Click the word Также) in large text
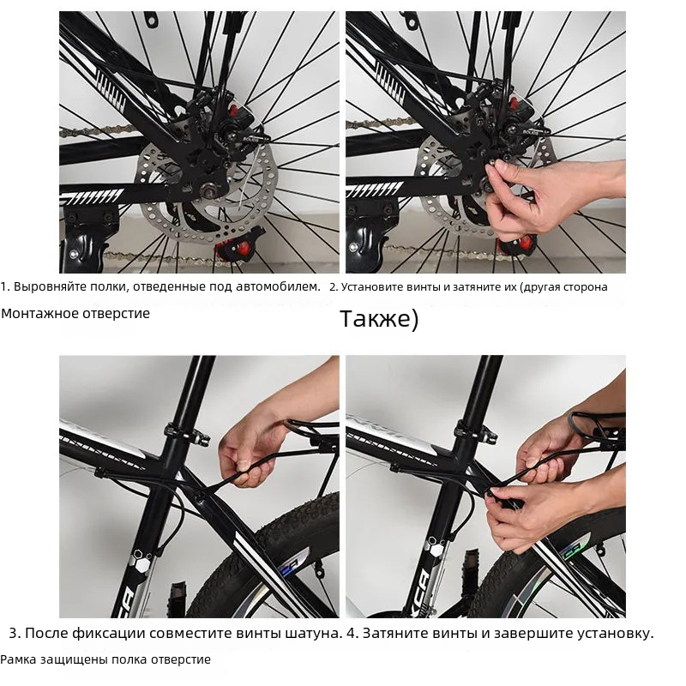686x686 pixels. pyautogui.click(x=379, y=319)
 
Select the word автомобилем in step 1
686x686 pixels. pyautogui.click(x=278, y=287)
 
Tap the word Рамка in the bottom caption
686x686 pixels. pyautogui.click(x=18, y=659)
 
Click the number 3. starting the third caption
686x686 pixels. pyautogui.click(x=15, y=633)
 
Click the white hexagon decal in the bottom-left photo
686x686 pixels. pyautogui.click(x=142, y=563)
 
